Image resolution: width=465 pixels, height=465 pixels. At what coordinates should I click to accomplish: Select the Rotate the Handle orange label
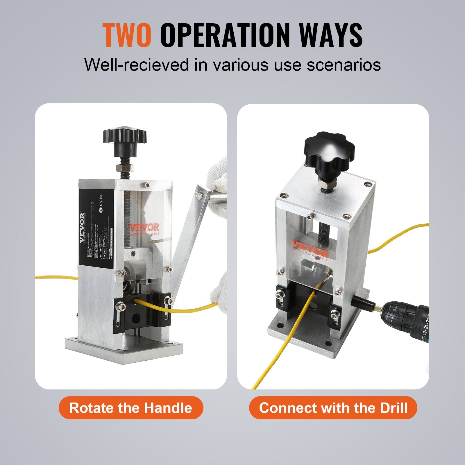(x=130, y=408)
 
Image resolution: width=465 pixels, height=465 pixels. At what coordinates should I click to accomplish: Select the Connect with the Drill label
(x=333, y=408)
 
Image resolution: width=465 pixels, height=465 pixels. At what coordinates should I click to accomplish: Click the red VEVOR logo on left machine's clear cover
(x=144, y=227)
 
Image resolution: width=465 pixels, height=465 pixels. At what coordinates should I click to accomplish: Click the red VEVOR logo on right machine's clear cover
(x=310, y=248)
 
